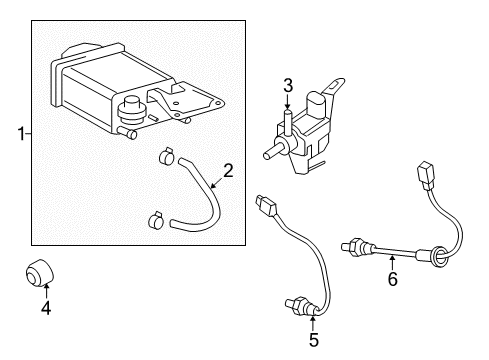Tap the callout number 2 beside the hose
[x=227, y=171]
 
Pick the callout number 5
[x=313, y=340]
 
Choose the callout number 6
[x=392, y=280]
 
